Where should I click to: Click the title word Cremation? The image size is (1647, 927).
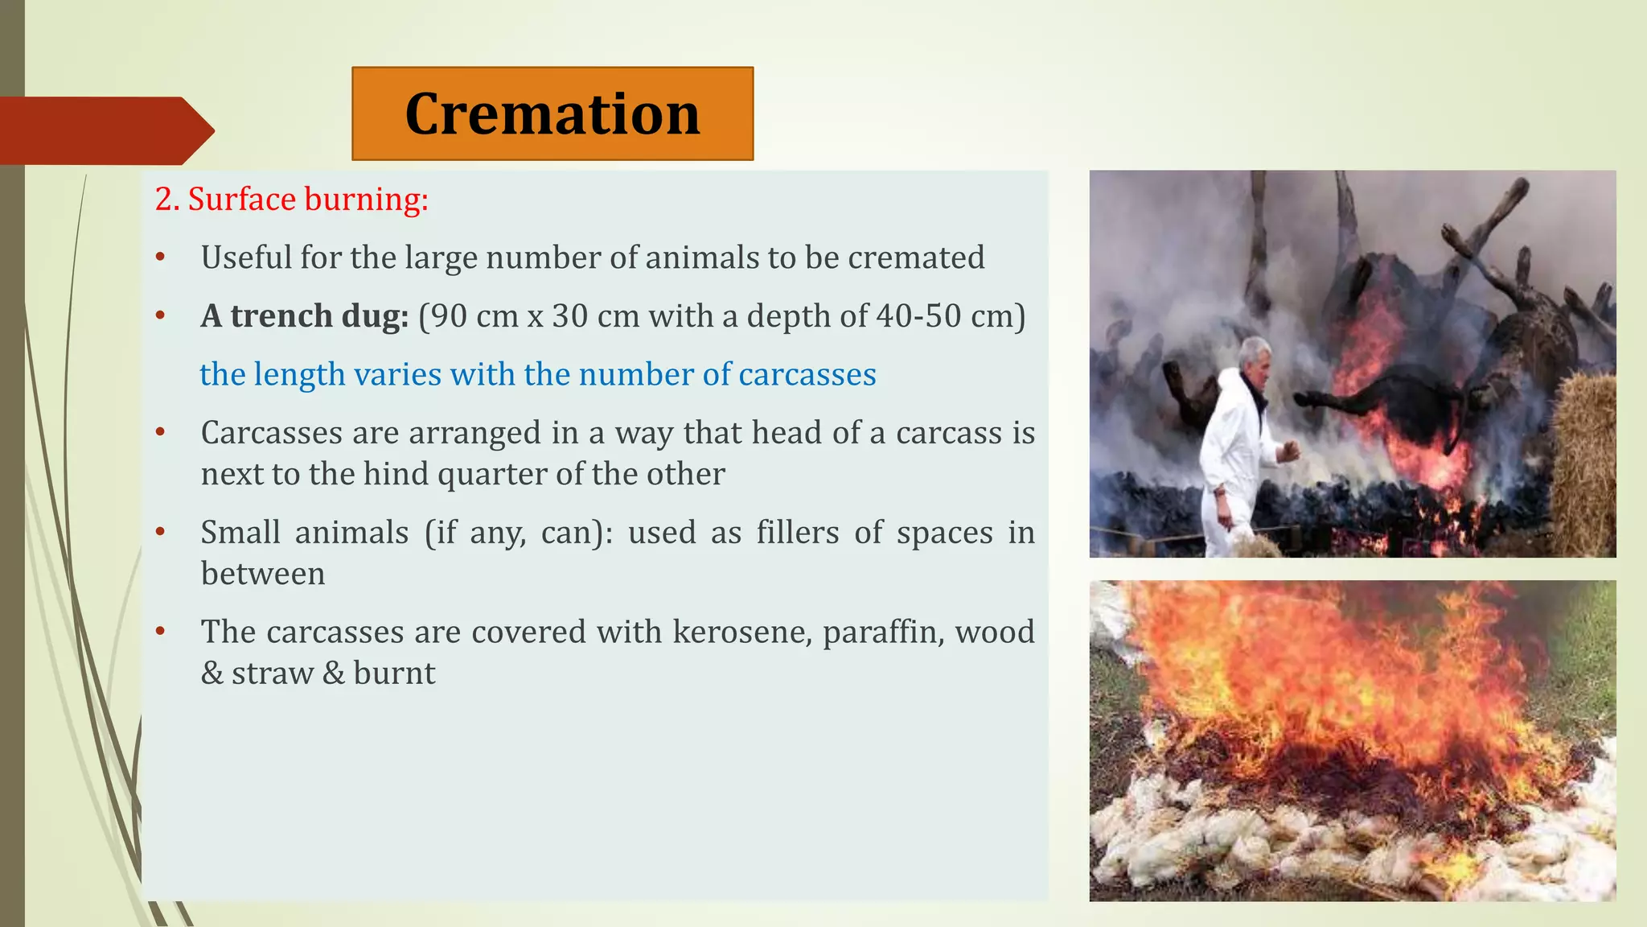[552, 114]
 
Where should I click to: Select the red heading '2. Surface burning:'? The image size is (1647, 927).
[291, 200]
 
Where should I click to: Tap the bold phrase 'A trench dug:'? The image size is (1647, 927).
[305, 316]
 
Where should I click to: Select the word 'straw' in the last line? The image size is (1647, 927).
[272, 674]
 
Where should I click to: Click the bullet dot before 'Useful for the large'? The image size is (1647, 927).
[160, 257]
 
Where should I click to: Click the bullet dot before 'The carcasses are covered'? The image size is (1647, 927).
[160, 632]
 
